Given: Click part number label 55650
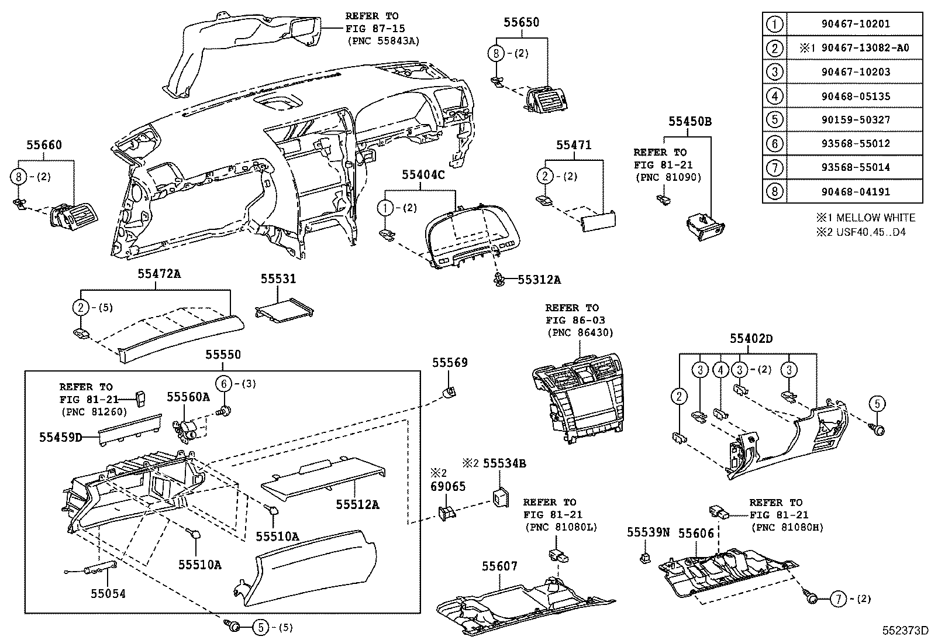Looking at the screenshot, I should click(521, 23).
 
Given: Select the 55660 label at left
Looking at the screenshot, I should click(44, 145).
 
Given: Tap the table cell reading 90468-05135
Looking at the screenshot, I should click(854, 96).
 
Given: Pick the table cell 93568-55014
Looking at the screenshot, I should click(854, 167).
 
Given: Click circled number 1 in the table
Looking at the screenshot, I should click(774, 25).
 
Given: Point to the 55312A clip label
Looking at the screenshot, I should click(539, 280).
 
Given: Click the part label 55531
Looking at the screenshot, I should click(278, 280).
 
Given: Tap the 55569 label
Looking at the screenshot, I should click(450, 363).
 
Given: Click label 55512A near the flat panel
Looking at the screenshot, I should click(357, 504).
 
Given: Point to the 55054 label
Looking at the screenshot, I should click(108, 594).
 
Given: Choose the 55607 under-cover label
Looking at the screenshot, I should click(499, 566).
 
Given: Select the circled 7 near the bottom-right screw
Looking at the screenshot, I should click(838, 599).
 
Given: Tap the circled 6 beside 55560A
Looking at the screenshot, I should click(223, 383).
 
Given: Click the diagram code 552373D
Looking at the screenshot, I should click(905, 630).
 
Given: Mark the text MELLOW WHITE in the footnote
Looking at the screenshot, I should click(875, 218).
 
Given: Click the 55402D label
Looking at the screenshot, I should click(751, 339).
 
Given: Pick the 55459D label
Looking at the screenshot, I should click(61, 437).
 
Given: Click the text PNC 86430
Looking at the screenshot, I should click(580, 333).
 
